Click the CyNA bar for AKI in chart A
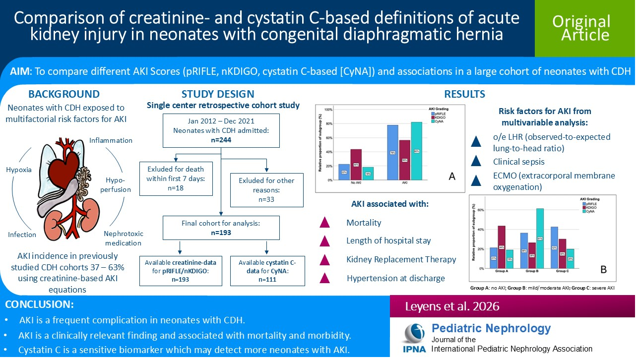coord(416,151)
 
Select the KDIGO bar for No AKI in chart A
coord(356,164)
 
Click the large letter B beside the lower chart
coord(604,269)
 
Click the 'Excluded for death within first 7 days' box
coord(176,179)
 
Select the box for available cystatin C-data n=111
coord(267,271)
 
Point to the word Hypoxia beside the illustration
coord(19,170)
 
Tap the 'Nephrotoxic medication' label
coord(123,238)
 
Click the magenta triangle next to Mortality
coord(325,223)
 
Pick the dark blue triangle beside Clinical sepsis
coord(476,162)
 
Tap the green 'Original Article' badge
coord(581,28)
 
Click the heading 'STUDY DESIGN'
coord(218,94)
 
